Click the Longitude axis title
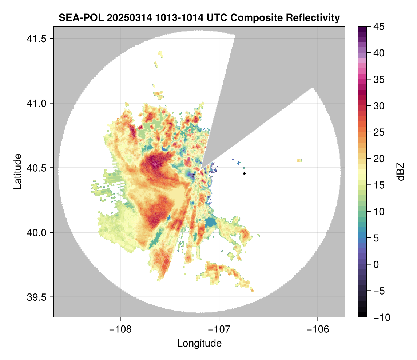(x=199, y=343)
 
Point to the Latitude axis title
(x=17, y=171)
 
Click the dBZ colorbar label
(x=401, y=172)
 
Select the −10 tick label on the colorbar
(x=380, y=317)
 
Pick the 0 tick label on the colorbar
(x=375, y=264)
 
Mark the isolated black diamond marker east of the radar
(x=245, y=173)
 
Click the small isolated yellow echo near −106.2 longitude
(x=299, y=160)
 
